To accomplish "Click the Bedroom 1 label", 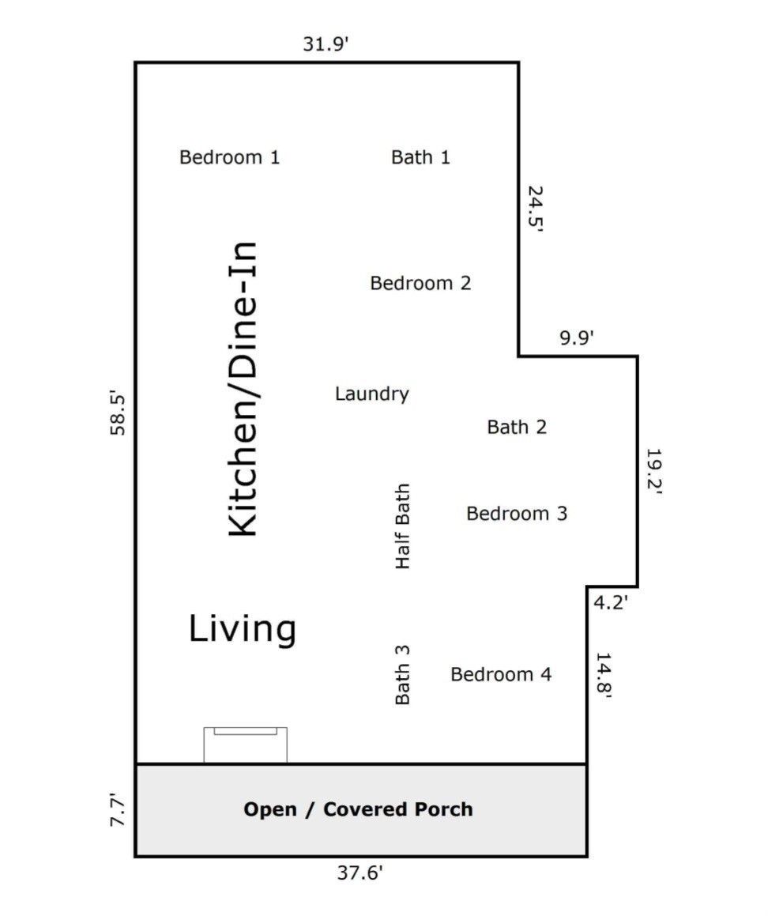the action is tap(229, 157).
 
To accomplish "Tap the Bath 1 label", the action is tap(420, 157).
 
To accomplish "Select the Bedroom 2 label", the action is tap(420, 283).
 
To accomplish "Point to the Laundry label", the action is tap(372, 394).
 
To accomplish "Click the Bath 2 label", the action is tap(517, 427).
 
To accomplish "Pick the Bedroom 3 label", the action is tap(517, 514).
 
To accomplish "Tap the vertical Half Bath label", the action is tap(403, 526).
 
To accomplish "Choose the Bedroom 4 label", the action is tap(501, 674).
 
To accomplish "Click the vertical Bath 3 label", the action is tap(403, 675).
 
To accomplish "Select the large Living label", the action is tap(243, 630).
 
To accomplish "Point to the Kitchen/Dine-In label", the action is tap(243, 389).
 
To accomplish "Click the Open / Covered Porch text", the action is tap(358, 809).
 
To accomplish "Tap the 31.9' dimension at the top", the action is tap(326, 43).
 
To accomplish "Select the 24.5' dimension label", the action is tap(536, 209).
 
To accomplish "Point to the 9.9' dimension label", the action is tap(577, 337).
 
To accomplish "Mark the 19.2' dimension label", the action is tap(653, 471).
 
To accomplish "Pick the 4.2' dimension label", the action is tap(610, 602).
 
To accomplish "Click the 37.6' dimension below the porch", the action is tap(360, 873).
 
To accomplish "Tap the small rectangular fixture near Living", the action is tap(245, 744).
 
